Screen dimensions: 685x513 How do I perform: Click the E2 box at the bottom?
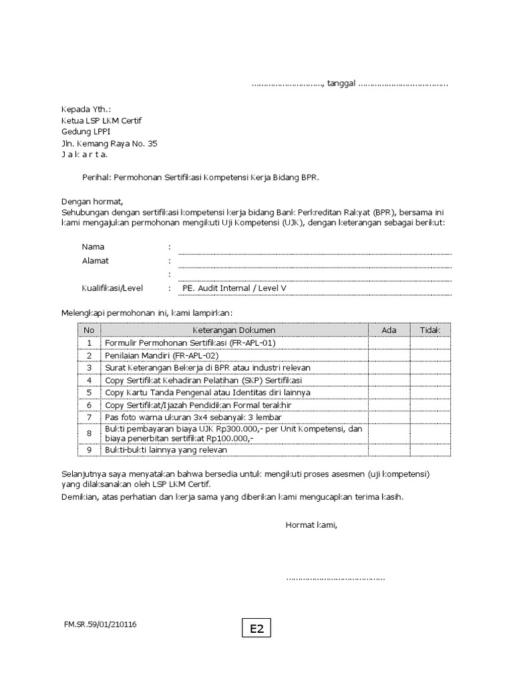(257, 628)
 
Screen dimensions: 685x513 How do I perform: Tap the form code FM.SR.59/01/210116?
(100, 624)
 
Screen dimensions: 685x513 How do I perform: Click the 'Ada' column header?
(389, 330)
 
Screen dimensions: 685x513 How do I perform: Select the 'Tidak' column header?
(430, 330)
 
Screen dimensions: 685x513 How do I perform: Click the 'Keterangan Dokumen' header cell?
(234, 330)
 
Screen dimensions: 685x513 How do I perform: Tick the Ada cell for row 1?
(389, 342)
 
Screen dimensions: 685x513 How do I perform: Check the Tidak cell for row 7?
(430, 417)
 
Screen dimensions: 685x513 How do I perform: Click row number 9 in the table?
(89, 450)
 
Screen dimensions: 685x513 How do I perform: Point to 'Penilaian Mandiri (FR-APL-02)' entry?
(161, 355)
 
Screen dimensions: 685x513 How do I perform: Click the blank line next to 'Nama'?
(314, 250)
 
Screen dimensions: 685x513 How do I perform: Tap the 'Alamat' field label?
(95, 261)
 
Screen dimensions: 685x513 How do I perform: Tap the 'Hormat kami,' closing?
(311, 525)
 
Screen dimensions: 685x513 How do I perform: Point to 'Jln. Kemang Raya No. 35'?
(110, 144)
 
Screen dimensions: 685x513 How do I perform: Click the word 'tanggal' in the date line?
(341, 84)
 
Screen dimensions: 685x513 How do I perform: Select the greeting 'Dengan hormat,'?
(92, 201)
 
